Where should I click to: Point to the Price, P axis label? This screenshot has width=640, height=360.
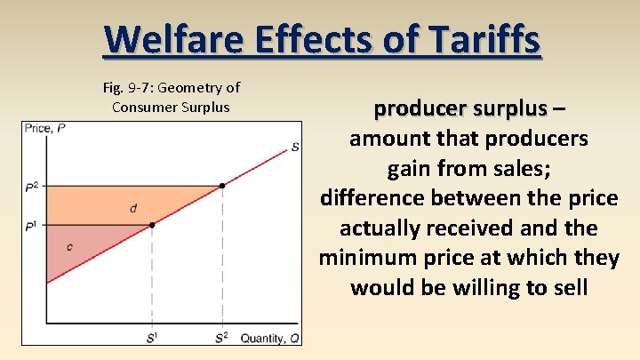click(45, 130)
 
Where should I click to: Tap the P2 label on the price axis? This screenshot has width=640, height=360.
click(33, 187)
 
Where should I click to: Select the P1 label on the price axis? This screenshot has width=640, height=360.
click(33, 226)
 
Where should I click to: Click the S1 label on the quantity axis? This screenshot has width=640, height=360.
click(152, 338)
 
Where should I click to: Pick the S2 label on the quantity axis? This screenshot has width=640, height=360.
click(222, 338)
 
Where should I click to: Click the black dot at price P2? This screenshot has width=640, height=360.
click(222, 186)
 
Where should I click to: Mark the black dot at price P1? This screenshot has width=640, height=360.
click(152, 225)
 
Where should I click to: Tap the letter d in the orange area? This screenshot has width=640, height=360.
click(133, 208)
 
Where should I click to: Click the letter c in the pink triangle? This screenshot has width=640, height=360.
click(69, 247)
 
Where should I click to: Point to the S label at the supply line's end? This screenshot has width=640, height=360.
click(294, 147)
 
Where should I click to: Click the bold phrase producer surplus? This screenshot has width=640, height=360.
click(460, 108)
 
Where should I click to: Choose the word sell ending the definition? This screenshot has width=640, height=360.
click(564, 287)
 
